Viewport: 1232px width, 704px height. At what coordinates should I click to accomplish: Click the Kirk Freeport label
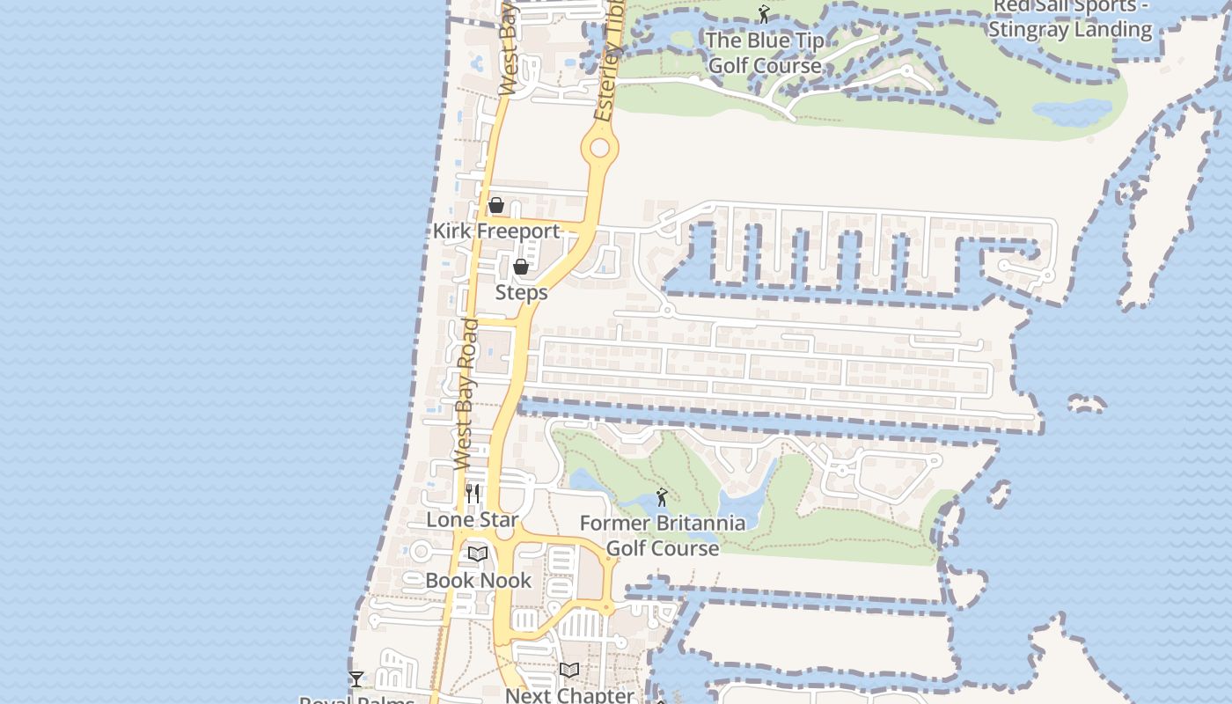click(496, 231)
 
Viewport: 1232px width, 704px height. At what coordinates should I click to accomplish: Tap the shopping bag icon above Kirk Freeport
click(496, 206)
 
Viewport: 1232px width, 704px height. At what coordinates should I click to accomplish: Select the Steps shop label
click(521, 292)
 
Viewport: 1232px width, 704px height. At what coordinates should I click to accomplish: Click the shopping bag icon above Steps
click(521, 267)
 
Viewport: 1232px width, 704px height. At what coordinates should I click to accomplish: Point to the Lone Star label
click(473, 520)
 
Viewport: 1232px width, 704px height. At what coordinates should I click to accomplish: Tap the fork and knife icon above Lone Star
click(473, 494)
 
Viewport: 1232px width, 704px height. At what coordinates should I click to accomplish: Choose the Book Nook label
click(479, 581)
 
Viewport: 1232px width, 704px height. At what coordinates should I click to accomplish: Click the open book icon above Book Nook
click(478, 554)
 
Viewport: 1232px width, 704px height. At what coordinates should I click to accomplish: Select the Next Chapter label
click(569, 695)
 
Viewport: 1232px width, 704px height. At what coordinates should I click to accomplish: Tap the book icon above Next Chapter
click(569, 671)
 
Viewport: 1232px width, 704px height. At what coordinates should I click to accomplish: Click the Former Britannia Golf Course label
click(663, 535)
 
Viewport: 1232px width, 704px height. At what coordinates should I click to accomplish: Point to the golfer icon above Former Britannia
click(662, 498)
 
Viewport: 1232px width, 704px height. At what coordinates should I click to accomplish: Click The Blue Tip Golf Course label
click(765, 53)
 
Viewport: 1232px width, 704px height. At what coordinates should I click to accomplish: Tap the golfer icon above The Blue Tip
click(764, 15)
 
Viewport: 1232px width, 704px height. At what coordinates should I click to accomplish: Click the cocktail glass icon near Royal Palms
click(356, 679)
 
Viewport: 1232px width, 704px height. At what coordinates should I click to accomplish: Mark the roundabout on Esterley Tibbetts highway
click(600, 148)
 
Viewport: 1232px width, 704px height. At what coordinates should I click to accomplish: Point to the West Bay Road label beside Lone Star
click(466, 393)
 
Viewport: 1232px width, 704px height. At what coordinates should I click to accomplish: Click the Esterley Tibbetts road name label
click(610, 62)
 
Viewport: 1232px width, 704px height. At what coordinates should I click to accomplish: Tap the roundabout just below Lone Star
click(504, 532)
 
